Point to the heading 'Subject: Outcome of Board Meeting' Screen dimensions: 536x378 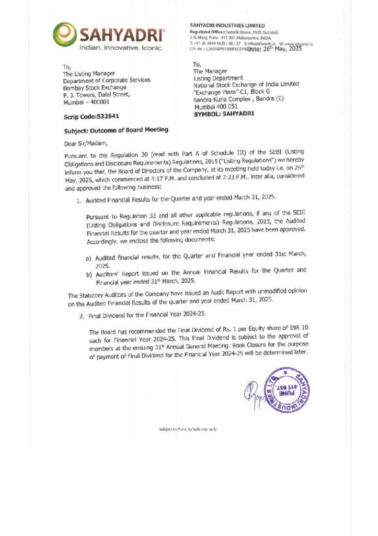coord(116,131)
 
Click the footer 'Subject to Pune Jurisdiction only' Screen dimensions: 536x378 coord(188,429)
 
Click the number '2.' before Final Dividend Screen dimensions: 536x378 coord(82,317)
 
